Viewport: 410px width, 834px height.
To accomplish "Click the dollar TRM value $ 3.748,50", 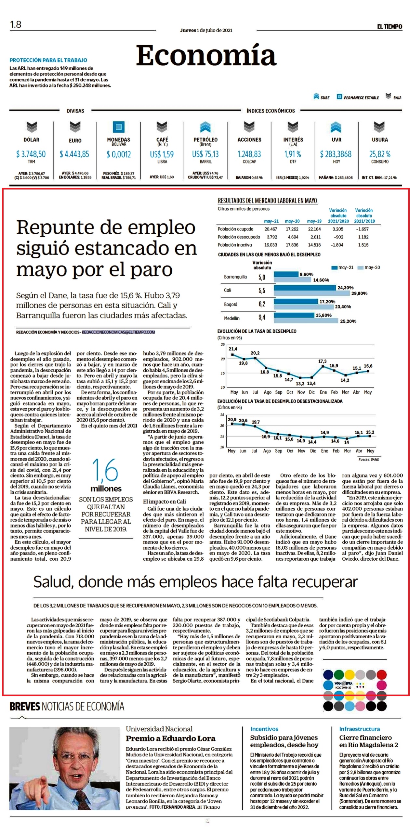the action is pyautogui.click(x=31, y=154).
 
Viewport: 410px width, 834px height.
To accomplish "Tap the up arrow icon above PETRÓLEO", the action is pyautogui.click(x=205, y=127).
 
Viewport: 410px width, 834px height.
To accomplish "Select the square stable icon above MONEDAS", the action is pyautogui.click(x=119, y=127).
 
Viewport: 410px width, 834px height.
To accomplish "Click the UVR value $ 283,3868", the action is pyautogui.click(x=336, y=154).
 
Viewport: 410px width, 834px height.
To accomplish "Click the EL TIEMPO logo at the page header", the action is pyautogui.click(x=390, y=26).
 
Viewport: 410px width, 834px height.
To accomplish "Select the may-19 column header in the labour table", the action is pyautogui.click(x=314, y=221).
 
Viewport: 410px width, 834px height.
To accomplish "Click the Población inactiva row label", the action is pyautogui.click(x=235, y=245).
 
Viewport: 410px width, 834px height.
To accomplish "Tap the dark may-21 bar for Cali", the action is pyautogui.click(x=305, y=288).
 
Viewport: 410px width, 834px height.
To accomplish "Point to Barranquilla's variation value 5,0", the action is pyautogui.click(x=262, y=277).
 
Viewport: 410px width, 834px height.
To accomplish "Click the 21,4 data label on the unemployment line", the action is pyautogui.click(x=233, y=349).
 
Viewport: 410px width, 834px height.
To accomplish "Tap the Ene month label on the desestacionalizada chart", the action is pyautogui.click(x=324, y=451).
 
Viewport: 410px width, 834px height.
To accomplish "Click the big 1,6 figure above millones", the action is pyautogui.click(x=105, y=470).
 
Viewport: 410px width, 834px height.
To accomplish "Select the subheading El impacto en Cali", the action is pyautogui.click(x=165, y=502).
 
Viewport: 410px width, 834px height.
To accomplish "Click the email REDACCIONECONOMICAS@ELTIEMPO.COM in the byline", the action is pyautogui.click(x=118, y=332).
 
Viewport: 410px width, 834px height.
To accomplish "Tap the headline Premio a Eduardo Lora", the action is pyautogui.click(x=171, y=738).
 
